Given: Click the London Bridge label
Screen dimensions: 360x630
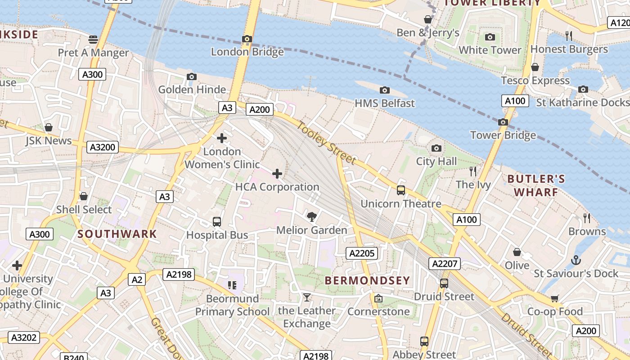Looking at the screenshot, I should (x=247, y=52).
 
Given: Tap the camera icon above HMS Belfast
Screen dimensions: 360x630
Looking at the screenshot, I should (x=384, y=90).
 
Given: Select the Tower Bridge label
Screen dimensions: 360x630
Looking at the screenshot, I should (x=503, y=135).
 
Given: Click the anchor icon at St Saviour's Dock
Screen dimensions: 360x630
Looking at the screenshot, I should (x=576, y=260).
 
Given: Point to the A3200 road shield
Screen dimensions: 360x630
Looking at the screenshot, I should (x=103, y=147).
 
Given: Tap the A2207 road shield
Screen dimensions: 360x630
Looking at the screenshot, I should (x=444, y=264).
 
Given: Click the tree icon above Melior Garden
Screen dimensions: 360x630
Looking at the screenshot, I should (x=311, y=217).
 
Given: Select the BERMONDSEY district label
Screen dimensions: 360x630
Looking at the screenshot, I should (x=367, y=280).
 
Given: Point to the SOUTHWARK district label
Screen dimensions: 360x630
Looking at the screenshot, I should (x=117, y=234).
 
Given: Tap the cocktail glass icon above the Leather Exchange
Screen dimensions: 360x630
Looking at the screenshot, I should (x=306, y=297).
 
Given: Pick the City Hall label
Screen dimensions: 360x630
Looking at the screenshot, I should (x=436, y=161).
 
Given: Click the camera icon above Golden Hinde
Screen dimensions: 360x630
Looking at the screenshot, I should (x=192, y=77).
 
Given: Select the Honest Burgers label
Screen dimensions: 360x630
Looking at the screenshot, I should (x=569, y=49).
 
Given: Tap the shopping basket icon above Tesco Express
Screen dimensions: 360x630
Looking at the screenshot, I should (x=535, y=67).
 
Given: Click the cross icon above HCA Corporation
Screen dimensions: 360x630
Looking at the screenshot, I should (x=277, y=174).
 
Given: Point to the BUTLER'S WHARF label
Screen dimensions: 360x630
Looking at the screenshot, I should (x=536, y=185).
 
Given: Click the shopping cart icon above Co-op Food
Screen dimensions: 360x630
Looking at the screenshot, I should (x=554, y=298).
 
